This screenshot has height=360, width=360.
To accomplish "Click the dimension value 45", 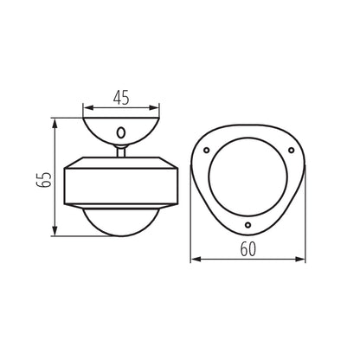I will [x=121, y=98].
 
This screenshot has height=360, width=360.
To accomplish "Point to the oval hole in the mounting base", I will [x=121, y=133].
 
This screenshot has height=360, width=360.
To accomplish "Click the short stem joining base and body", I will [x=121, y=151].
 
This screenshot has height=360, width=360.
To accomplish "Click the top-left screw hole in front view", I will [x=209, y=151].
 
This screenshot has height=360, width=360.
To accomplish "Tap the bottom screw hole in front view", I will [x=248, y=226].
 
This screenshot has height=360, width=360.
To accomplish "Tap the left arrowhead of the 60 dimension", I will [x=194, y=259].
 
